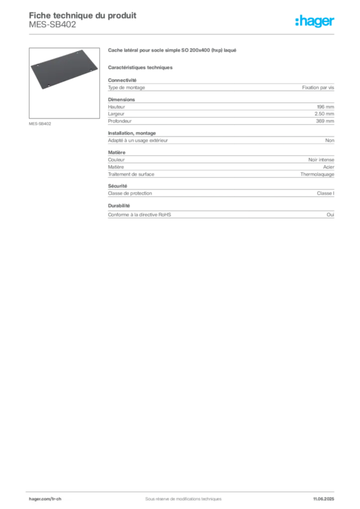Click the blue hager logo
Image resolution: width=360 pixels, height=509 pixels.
pyautogui.click(x=315, y=22)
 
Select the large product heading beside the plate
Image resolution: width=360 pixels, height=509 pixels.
pyautogui.click(x=173, y=51)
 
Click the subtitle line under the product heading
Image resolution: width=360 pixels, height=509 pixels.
pyautogui.click(x=141, y=67)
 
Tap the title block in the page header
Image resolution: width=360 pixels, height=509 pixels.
pyautogui.click(x=82, y=20)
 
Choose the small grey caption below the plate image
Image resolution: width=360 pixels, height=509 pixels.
pyautogui.click(x=39, y=123)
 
